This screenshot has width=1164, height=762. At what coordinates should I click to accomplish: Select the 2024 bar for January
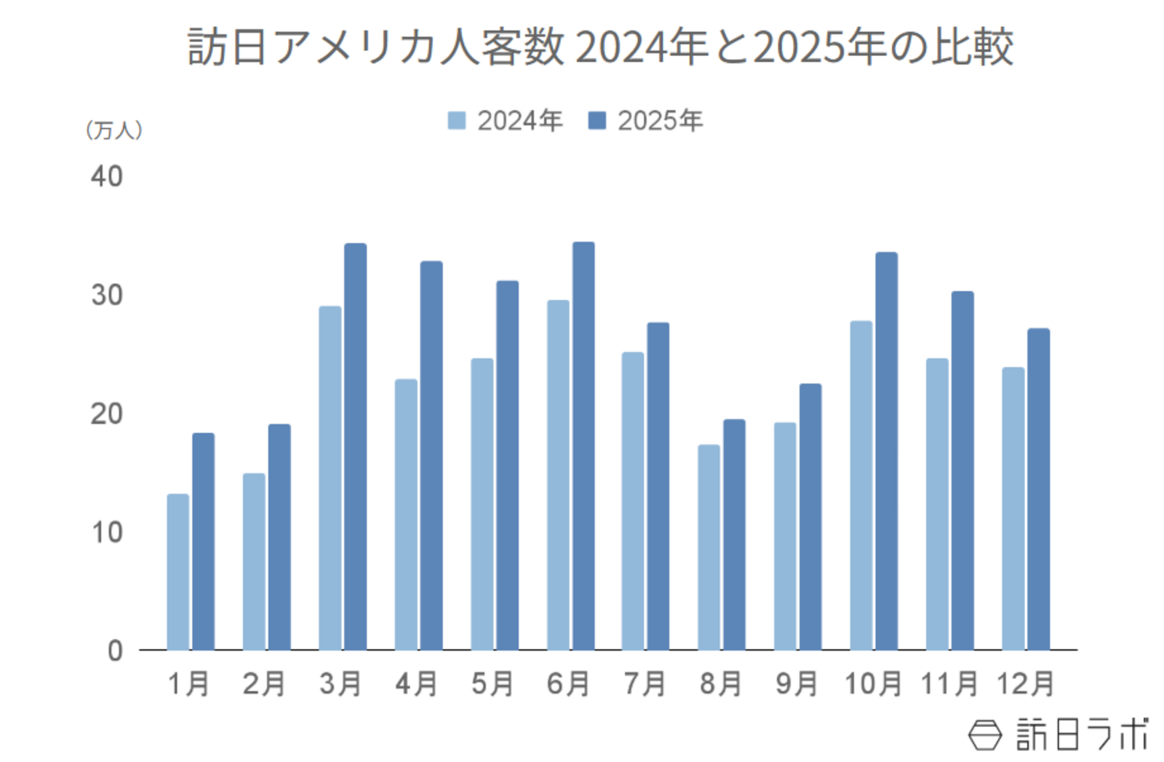click(x=178, y=572)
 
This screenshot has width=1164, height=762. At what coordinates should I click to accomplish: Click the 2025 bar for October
click(x=886, y=451)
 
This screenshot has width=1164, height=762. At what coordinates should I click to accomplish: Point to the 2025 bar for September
click(x=810, y=517)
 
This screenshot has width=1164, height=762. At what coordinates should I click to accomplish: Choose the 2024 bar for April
click(x=406, y=514)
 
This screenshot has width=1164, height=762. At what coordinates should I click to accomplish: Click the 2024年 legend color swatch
click(x=456, y=121)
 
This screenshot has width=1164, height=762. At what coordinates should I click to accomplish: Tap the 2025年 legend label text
click(x=660, y=121)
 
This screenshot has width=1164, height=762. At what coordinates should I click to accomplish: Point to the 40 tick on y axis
click(x=106, y=177)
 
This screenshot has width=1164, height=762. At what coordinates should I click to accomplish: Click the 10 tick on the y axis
click(x=106, y=533)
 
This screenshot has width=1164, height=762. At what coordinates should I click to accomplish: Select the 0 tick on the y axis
click(x=115, y=651)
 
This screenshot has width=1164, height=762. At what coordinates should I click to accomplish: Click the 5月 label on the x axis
click(x=493, y=684)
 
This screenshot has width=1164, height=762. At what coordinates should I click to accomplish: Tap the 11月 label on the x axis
click(x=949, y=684)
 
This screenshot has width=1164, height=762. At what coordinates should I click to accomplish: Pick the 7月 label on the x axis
click(x=645, y=684)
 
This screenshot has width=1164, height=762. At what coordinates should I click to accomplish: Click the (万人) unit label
click(x=113, y=130)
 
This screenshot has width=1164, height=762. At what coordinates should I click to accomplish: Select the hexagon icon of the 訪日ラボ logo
click(x=984, y=734)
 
